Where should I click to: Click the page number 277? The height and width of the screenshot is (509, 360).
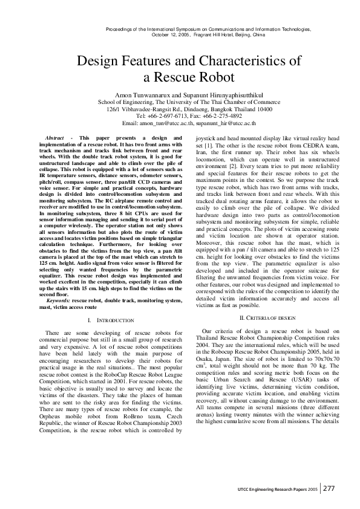330,488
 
